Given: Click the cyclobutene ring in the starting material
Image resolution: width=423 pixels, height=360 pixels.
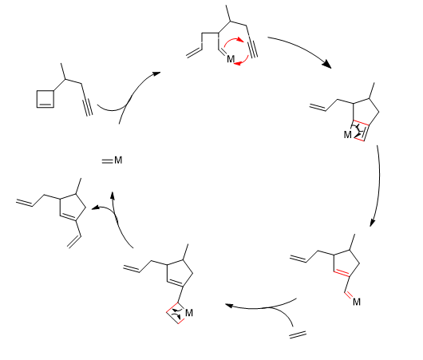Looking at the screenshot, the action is coord(37,99).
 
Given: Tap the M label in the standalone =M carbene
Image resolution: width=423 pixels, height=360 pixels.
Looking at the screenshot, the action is coord(118,160).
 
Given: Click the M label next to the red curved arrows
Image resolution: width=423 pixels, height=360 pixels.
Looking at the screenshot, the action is coord(231,59).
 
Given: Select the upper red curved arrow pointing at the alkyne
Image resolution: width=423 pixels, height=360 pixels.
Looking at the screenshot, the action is coord(234,41).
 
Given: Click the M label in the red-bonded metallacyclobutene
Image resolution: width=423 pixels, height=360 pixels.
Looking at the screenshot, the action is coord(347,134).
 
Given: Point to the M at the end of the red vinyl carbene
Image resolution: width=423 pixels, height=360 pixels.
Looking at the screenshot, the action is coord(357,302).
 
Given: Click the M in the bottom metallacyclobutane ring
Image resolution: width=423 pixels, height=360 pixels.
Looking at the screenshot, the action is coord(189,313).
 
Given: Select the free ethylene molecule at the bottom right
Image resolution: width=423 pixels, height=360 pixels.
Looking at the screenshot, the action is coord(298,334).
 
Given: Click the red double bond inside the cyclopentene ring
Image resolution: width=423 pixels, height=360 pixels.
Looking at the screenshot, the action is coord(342,273).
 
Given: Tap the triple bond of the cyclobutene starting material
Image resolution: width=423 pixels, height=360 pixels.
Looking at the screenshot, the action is coord(87,100).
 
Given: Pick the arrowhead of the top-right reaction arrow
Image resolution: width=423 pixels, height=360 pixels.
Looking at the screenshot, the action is coord(327,64).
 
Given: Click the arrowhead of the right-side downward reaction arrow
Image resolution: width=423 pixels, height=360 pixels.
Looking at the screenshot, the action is coord(373,222).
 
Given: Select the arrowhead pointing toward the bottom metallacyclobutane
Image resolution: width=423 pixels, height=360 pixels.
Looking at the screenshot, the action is coord(229,306).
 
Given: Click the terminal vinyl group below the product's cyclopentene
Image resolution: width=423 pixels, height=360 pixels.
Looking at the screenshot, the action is coord(74,241).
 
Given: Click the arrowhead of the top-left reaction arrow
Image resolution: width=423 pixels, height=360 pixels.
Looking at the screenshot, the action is coord(156,73).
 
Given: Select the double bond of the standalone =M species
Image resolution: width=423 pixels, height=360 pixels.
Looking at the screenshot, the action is coord(107,161).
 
